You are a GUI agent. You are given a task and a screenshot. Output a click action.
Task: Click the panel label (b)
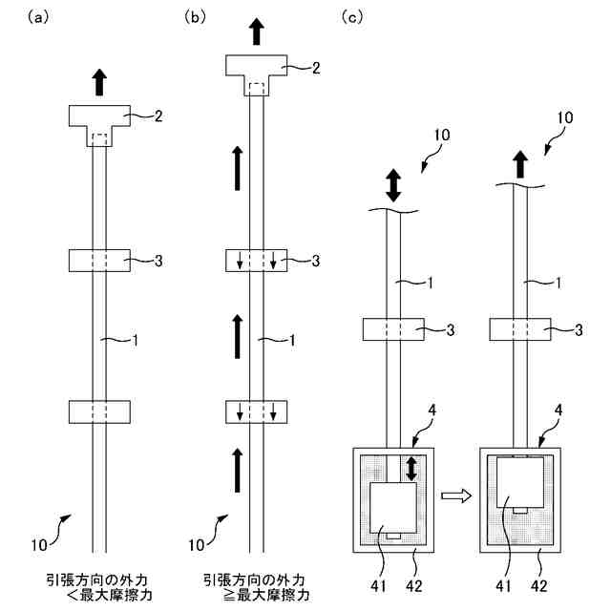(195, 15)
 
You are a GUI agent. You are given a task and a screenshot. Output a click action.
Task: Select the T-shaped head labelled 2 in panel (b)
(255, 70)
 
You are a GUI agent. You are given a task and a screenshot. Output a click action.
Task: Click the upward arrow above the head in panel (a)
(99, 82)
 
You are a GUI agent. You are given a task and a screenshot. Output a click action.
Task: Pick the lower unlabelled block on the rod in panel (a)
(99, 411)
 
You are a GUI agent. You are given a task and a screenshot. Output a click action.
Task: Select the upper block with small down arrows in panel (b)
(255, 259)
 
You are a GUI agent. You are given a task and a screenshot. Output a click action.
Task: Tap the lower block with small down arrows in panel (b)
(255, 411)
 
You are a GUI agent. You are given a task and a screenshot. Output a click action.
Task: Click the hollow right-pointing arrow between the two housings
(456, 495)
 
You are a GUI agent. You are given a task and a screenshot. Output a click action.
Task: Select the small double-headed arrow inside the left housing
(411, 469)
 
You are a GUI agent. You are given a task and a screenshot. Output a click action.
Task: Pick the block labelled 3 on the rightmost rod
(520, 329)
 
